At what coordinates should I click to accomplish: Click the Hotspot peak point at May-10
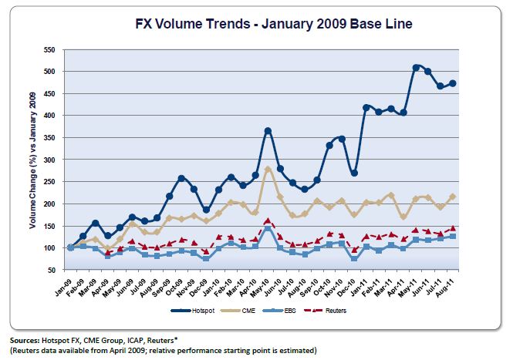[268, 131]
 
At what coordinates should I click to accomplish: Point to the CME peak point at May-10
[268, 169]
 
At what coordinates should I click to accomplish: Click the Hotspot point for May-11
[415, 68]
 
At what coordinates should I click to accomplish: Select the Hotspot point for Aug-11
[452, 83]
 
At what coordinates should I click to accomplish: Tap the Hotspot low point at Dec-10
[354, 173]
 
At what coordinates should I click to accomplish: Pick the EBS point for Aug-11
[452, 236]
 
